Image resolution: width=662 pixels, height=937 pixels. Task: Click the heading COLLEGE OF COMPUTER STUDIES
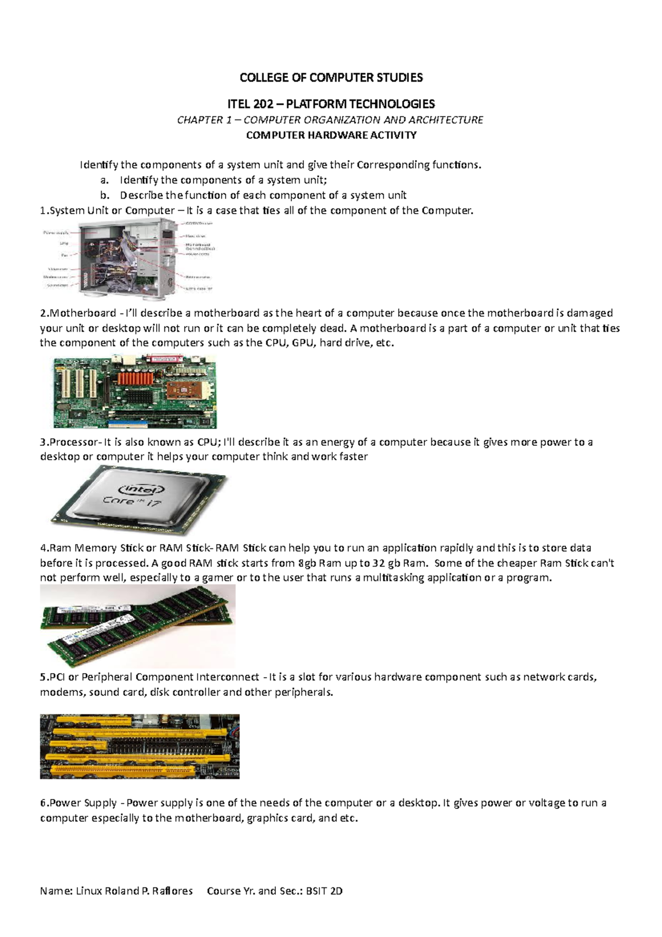[x=331, y=78]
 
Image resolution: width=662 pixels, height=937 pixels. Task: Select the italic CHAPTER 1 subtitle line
[x=330, y=120]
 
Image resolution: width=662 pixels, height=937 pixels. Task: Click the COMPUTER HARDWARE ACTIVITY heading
[x=331, y=135]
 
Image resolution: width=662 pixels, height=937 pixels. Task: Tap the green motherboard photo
[x=135, y=392]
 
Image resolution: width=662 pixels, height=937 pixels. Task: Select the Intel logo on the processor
[x=142, y=489]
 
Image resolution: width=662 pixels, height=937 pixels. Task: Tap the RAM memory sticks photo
[x=137, y=626]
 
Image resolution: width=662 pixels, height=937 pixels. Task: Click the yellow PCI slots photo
[x=140, y=746]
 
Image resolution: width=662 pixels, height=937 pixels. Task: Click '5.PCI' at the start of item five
[x=52, y=677]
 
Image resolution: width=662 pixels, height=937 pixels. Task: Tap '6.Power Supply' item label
[x=78, y=803]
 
